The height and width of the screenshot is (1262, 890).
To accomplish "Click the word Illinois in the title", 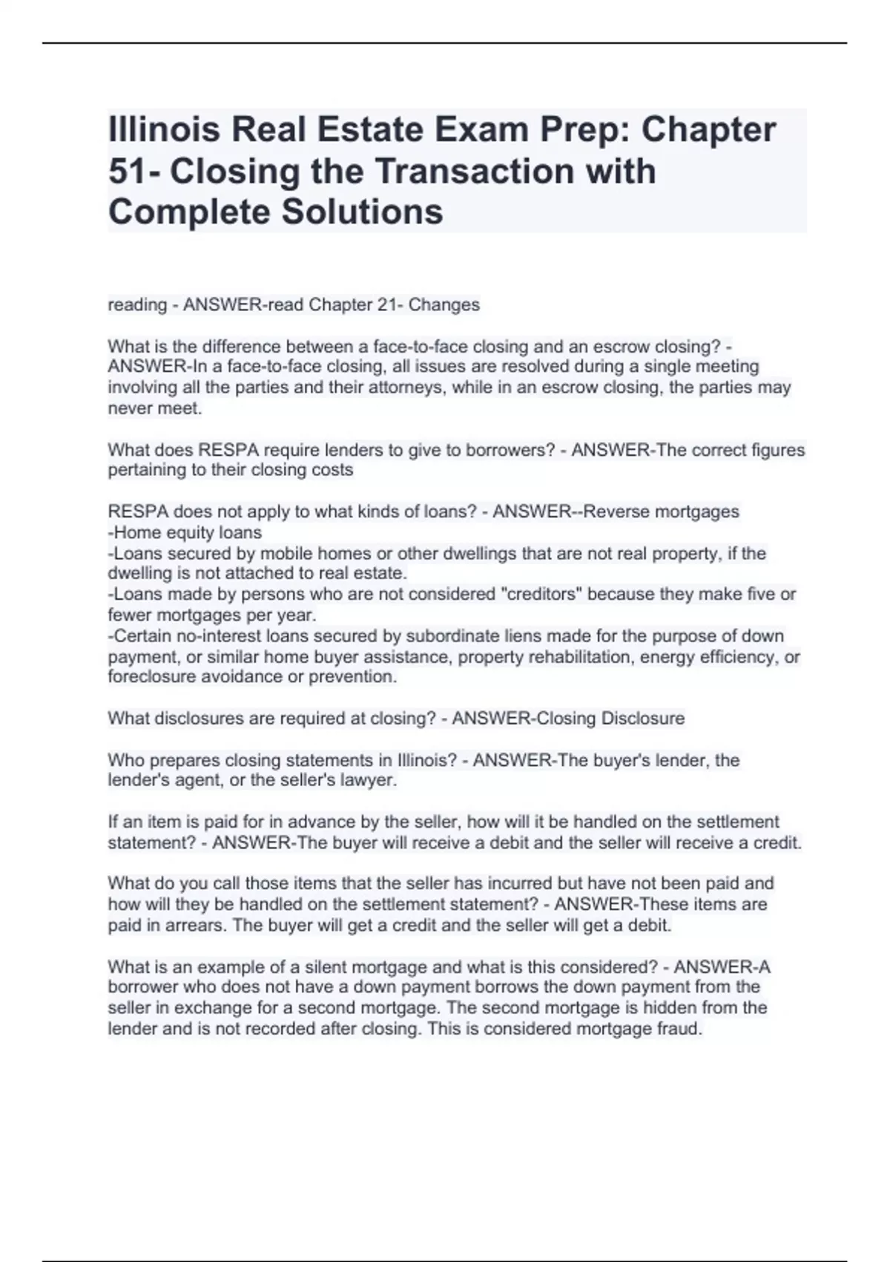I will [x=164, y=130].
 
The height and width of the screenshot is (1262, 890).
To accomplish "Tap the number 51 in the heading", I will [x=126, y=171].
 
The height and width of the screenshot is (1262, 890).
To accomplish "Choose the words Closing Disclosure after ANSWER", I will [x=610, y=719].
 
